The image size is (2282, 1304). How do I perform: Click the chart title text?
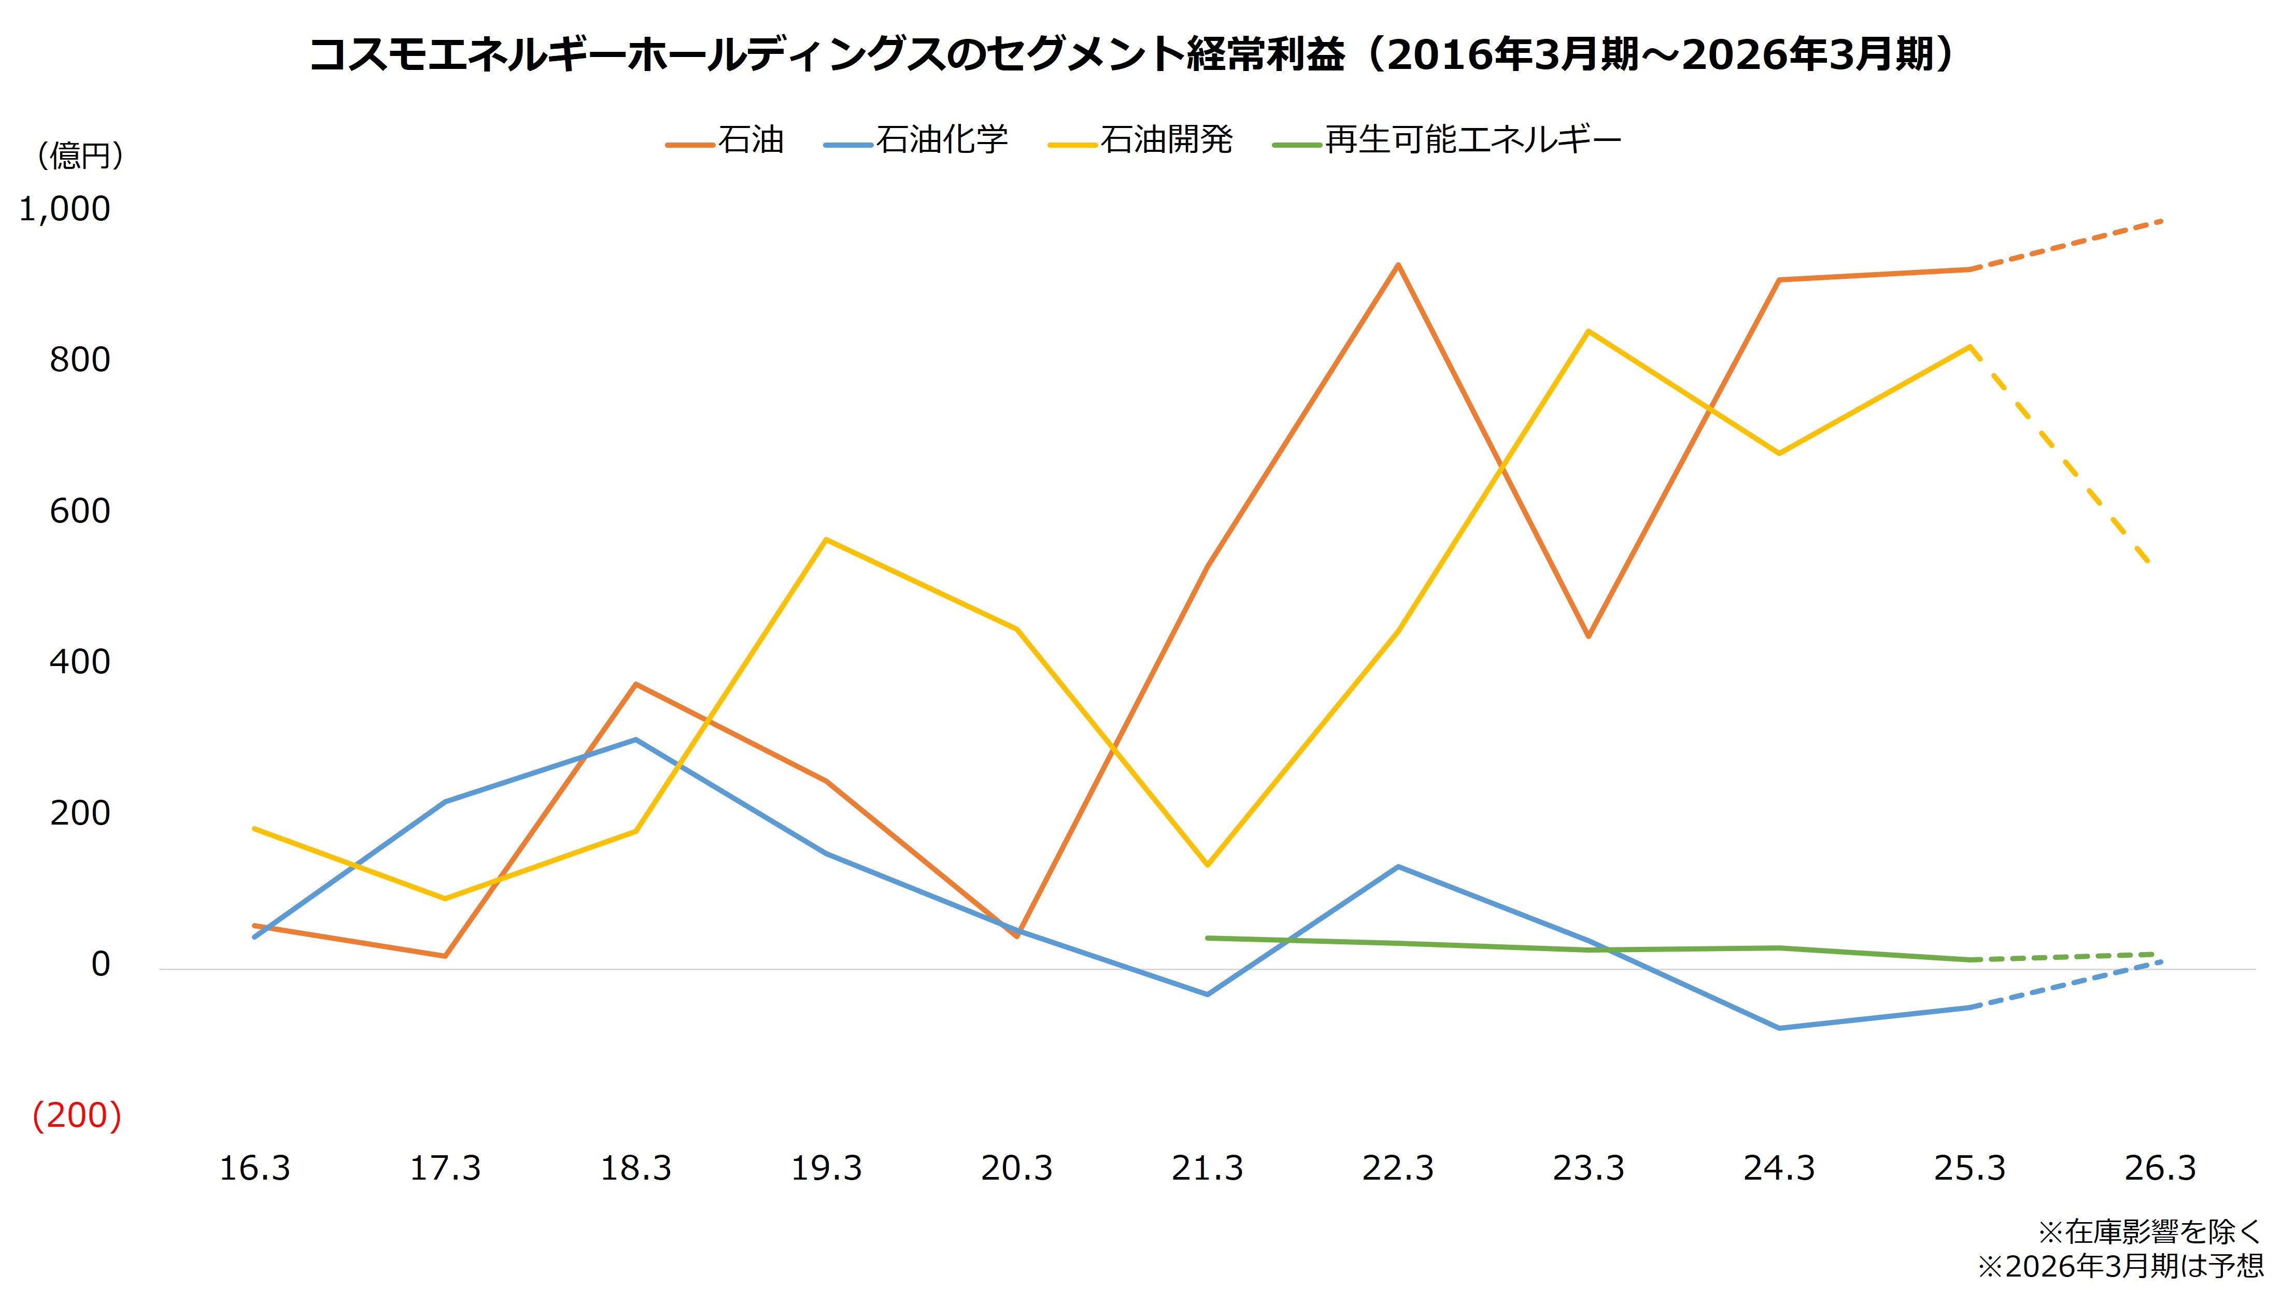[x=1130, y=55]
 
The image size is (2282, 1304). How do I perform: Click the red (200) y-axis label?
[x=76, y=1116]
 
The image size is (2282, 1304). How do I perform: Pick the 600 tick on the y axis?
[x=80, y=512]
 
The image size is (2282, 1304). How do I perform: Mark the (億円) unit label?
[x=80, y=156]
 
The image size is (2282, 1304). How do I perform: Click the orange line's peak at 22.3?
[x=1397, y=265]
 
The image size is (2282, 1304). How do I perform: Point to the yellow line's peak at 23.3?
[x=1588, y=331]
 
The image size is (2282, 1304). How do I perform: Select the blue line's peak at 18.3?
[x=635, y=740]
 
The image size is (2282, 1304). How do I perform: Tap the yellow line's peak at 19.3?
[x=826, y=539]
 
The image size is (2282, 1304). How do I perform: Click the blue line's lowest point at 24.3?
[x=1779, y=1028]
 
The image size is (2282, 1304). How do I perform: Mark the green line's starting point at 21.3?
[x=1207, y=938]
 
